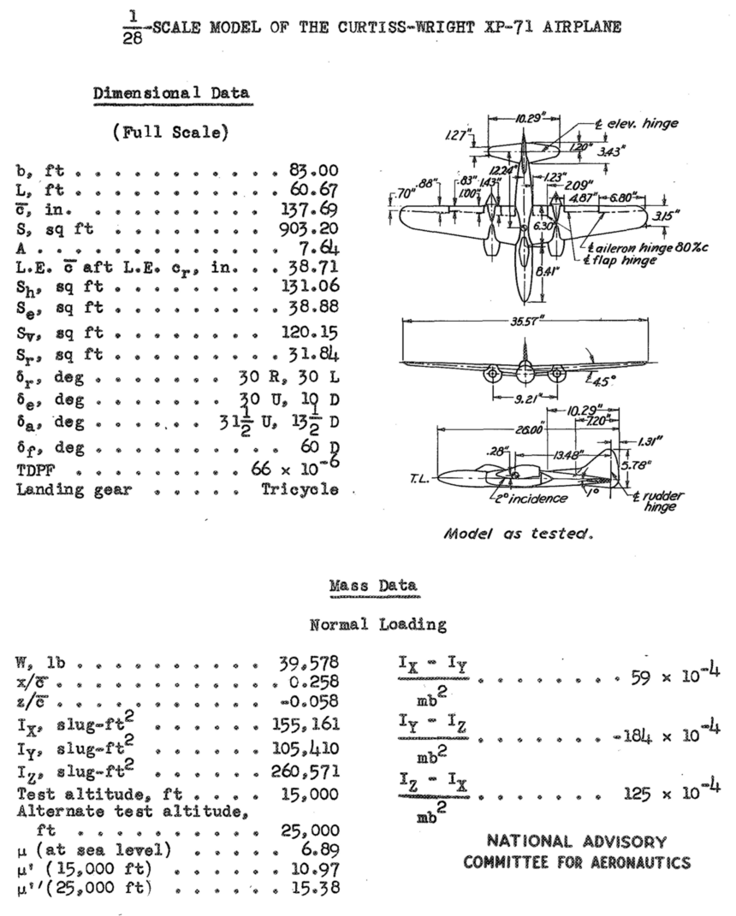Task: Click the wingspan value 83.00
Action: click(313, 170)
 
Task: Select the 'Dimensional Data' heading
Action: click(172, 93)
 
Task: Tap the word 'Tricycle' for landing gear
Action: click(300, 489)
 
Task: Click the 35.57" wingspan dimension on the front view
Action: click(525, 320)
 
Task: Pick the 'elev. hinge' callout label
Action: click(638, 124)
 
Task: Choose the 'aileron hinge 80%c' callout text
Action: click(649, 248)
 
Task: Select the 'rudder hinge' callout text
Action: click(659, 501)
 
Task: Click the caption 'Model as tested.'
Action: click(519, 534)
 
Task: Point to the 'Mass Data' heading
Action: click(373, 585)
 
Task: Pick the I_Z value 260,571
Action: click(305, 771)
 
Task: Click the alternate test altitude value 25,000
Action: click(310, 830)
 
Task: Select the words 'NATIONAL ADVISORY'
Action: click(577, 842)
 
